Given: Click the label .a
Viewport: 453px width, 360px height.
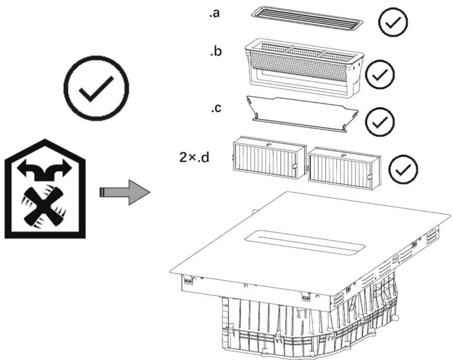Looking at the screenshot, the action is (214, 13).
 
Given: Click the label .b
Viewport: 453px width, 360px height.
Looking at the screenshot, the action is (216, 51).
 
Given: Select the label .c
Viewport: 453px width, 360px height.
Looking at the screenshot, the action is (216, 108).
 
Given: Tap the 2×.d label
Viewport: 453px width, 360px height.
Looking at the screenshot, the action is (194, 157).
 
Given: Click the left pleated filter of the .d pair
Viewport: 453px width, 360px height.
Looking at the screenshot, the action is (269, 157).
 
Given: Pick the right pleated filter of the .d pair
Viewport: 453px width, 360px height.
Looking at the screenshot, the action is (344, 168).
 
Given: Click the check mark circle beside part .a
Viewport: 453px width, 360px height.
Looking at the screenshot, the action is (393, 22).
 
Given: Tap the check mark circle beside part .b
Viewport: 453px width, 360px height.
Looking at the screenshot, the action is (380, 74).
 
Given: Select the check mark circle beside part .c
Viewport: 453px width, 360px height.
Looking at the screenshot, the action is (380, 122).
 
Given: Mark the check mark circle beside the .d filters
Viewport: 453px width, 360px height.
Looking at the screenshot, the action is (403, 169).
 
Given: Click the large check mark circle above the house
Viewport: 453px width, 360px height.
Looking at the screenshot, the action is (96, 88).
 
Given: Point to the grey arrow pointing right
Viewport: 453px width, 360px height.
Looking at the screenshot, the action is (125, 192).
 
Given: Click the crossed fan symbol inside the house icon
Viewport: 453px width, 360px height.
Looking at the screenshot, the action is (44, 207).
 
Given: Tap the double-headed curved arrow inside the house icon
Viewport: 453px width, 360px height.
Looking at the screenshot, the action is (44, 170).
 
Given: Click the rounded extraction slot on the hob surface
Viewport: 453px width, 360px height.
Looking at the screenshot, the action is (304, 243).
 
